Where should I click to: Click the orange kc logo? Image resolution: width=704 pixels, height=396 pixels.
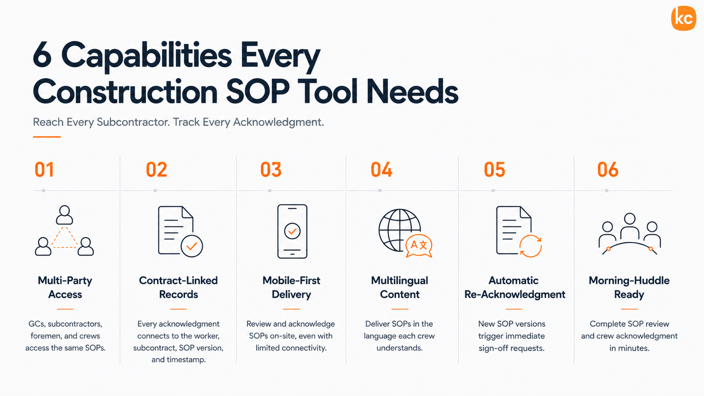click(683, 18)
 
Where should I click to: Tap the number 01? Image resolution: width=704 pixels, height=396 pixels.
click(44, 170)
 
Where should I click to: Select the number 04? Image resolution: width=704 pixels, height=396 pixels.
click(381, 170)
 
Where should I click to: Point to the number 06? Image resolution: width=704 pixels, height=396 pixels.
click(608, 170)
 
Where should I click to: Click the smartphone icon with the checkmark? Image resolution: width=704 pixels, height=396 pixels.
click(292, 231)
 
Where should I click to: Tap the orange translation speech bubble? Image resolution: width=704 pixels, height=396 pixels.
click(419, 246)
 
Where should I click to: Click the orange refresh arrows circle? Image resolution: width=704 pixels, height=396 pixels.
click(531, 246)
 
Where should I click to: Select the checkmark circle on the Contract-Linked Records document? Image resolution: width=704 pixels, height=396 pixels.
click(192, 246)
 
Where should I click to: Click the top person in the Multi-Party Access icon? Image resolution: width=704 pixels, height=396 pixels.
click(64, 215)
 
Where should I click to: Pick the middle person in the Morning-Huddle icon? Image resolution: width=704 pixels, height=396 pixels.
click(629, 226)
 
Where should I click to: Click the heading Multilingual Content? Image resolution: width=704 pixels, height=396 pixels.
click(400, 287)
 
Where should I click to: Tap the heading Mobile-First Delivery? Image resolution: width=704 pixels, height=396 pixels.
click(291, 287)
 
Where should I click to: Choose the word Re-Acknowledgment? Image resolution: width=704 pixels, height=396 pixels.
click(515, 295)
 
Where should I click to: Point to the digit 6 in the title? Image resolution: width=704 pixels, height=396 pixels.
click(42, 55)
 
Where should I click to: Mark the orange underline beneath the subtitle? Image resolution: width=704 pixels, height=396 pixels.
click(47, 137)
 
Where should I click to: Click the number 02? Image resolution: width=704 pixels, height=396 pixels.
click(157, 170)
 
